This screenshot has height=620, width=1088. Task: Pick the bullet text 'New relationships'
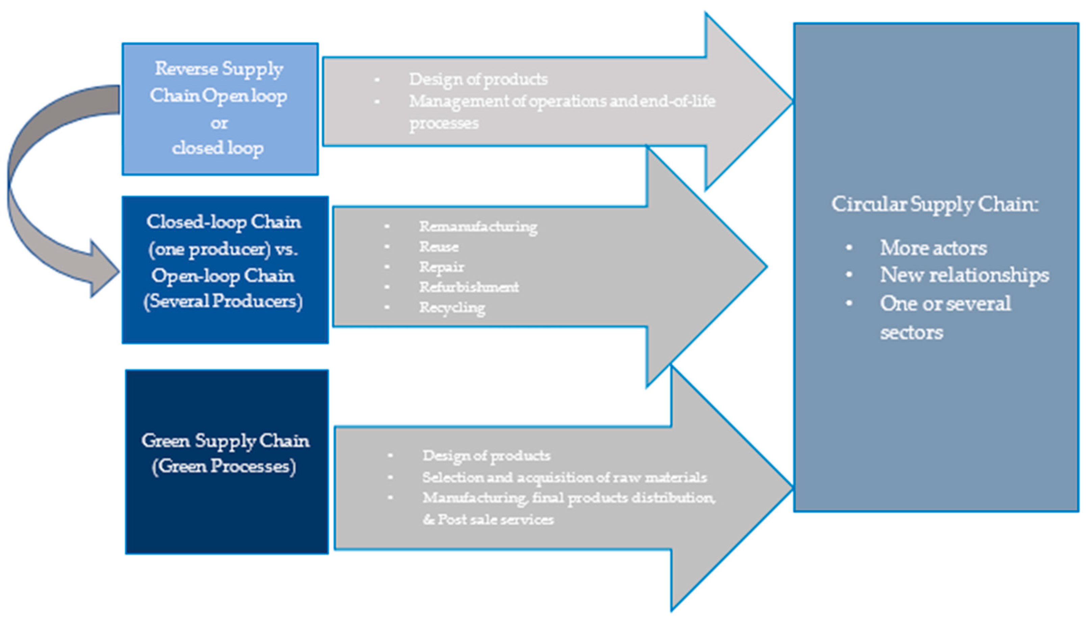[964, 275]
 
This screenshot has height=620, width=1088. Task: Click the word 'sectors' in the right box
[912, 332]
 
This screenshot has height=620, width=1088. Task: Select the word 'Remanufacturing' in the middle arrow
[478, 226]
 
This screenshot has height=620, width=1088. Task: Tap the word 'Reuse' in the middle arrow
[439, 247]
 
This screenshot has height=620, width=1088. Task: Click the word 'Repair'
[442, 267]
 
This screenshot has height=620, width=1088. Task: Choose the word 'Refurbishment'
[469, 287]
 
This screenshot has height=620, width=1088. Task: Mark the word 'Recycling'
[452, 307]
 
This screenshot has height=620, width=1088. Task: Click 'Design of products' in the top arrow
[478, 79]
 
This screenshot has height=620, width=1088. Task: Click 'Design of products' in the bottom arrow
[486, 456]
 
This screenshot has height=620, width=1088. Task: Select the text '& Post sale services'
[488, 519]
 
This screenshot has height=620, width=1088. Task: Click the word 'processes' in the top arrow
[444, 124]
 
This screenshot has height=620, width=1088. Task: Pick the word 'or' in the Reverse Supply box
[219, 124]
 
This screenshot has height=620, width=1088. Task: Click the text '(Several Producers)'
[223, 301]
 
